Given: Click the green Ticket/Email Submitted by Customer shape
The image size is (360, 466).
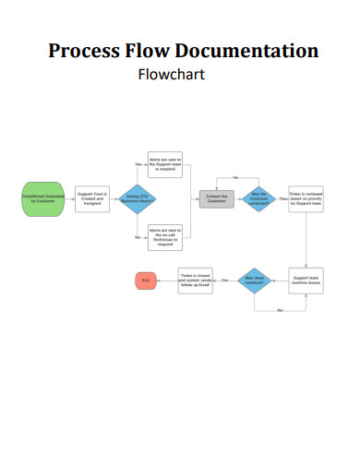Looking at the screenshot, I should point(42,198).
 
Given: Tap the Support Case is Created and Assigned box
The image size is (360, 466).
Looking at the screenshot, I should point(92,198).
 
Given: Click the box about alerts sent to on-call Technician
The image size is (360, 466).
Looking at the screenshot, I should point(165,235).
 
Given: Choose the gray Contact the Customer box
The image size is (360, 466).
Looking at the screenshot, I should point(216,198).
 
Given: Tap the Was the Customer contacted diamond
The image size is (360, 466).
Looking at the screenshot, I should point(258,198).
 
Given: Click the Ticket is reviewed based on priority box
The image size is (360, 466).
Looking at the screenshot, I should point(306,198).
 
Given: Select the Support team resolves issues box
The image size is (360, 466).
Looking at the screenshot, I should point(306,281).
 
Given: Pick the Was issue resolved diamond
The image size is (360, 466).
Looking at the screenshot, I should point(255,280).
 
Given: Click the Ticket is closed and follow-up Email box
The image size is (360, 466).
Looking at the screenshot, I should point(196,280).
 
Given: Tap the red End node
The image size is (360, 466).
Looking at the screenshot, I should point(145,280).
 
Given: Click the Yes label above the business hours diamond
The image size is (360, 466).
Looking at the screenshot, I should point(138,164).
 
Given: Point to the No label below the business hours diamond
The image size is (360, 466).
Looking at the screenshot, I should point(138,237).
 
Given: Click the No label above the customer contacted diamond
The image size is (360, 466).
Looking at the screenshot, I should point(235,176).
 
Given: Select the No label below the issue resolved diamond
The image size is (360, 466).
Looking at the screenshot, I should point(280,310).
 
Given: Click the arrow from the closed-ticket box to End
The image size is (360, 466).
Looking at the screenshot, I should point(167,280).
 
